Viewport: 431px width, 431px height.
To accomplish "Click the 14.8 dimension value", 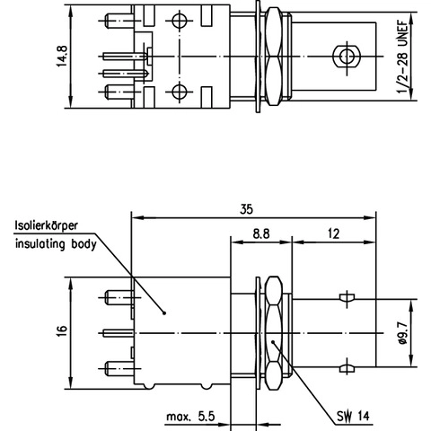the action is [x=62, y=56].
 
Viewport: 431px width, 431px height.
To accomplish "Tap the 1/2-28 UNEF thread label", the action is [x=402, y=57].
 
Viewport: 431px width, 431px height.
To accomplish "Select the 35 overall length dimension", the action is [x=246, y=209].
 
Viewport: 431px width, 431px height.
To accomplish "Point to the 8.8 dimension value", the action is [x=261, y=233].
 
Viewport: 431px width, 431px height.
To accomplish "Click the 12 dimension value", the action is [x=333, y=233].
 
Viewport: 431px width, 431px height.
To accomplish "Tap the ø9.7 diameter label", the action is [x=403, y=333].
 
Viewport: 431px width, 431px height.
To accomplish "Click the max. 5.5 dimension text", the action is [x=190, y=417].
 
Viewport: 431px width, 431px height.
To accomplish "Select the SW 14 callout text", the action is [x=353, y=416].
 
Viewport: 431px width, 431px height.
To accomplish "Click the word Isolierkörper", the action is [x=47, y=225].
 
